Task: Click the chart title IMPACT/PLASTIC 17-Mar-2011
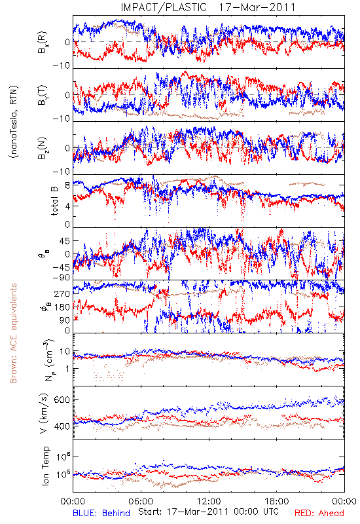point(208,7)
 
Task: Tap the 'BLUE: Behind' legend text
point(101,513)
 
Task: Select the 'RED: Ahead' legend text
point(319,513)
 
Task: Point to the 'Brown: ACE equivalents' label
point(13,333)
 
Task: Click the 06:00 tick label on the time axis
point(141,501)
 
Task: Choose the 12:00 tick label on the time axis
point(209,501)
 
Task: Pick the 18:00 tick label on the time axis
point(277,501)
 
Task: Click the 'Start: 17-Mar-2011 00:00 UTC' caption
point(208,512)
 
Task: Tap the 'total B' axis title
point(54,201)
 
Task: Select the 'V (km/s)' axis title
point(45,413)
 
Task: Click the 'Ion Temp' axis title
point(45,466)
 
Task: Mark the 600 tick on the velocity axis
point(62,400)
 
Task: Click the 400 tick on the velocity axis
point(62,426)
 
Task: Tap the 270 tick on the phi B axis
point(62,293)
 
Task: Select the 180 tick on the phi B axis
point(62,307)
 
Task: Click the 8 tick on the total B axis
point(67,186)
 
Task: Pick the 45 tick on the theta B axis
point(64,241)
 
